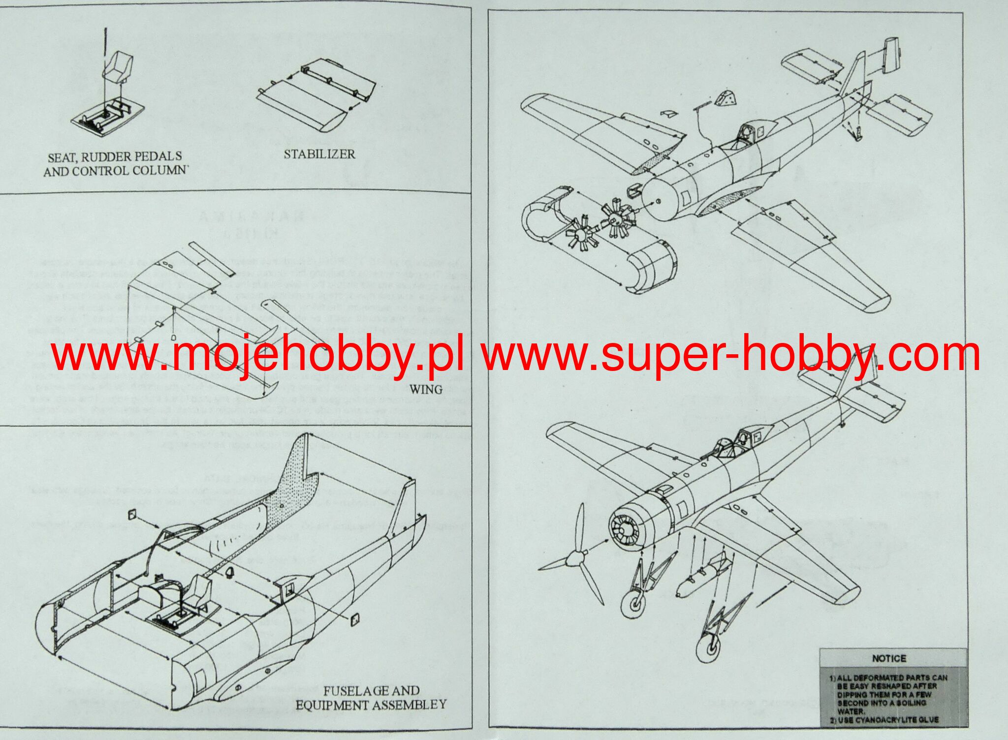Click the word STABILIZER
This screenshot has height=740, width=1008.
click(319, 154)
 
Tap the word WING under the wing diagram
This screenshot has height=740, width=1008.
click(426, 389)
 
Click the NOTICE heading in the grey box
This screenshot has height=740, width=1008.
click(889, 658)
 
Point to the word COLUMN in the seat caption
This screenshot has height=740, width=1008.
click(159, 171)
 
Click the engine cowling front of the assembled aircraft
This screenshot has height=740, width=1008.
click(626, 529)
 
